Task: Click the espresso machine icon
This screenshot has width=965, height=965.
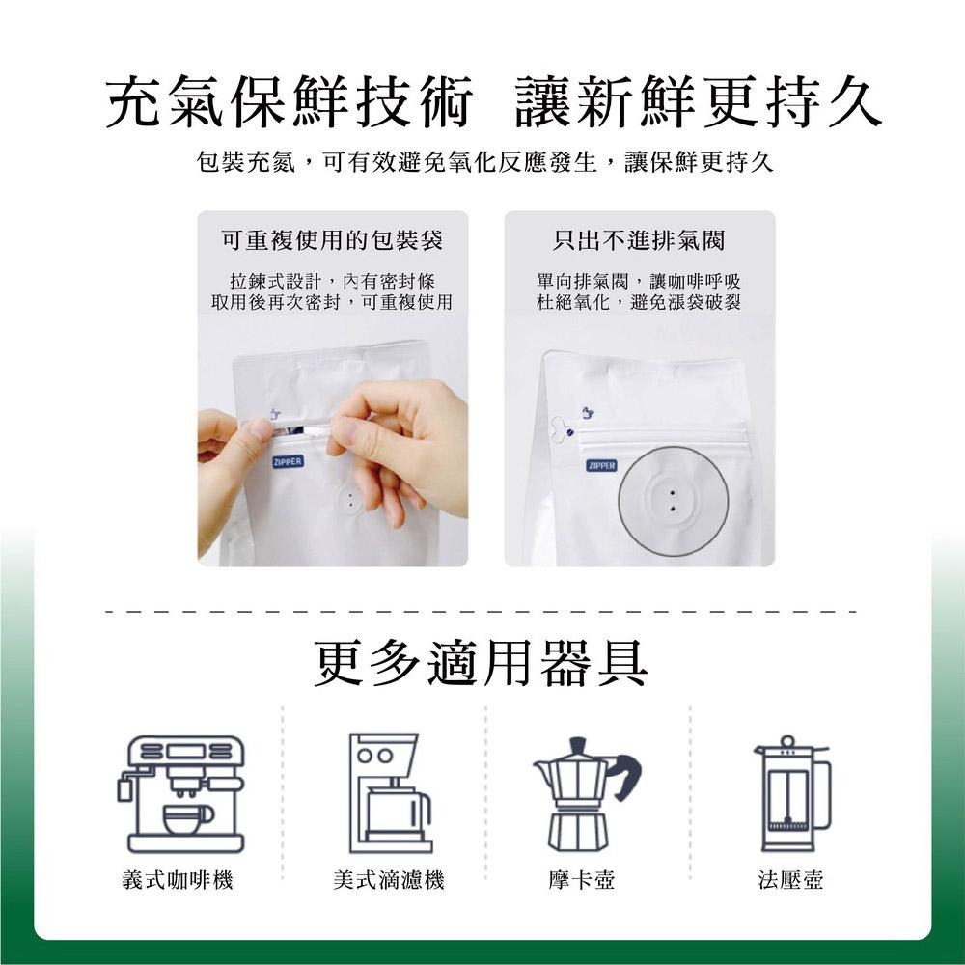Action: (181, 793)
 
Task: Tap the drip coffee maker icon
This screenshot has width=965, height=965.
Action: (389, 793)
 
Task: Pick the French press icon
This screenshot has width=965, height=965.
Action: (790, 793)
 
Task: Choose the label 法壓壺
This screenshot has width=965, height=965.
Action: (791, 880)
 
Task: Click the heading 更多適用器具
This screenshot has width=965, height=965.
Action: (482, 664)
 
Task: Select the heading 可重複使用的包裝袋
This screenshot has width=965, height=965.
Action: (332, 239)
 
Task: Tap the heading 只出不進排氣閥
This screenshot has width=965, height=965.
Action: (639, 239)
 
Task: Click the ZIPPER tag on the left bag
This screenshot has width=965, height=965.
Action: (288, 462)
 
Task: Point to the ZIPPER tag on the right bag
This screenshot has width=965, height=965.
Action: (601, 466)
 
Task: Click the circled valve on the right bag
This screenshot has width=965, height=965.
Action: (672, 500)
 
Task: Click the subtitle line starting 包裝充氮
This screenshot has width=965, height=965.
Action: (483, 164)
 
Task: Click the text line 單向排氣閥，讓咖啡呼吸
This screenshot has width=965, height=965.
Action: (639, 282)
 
